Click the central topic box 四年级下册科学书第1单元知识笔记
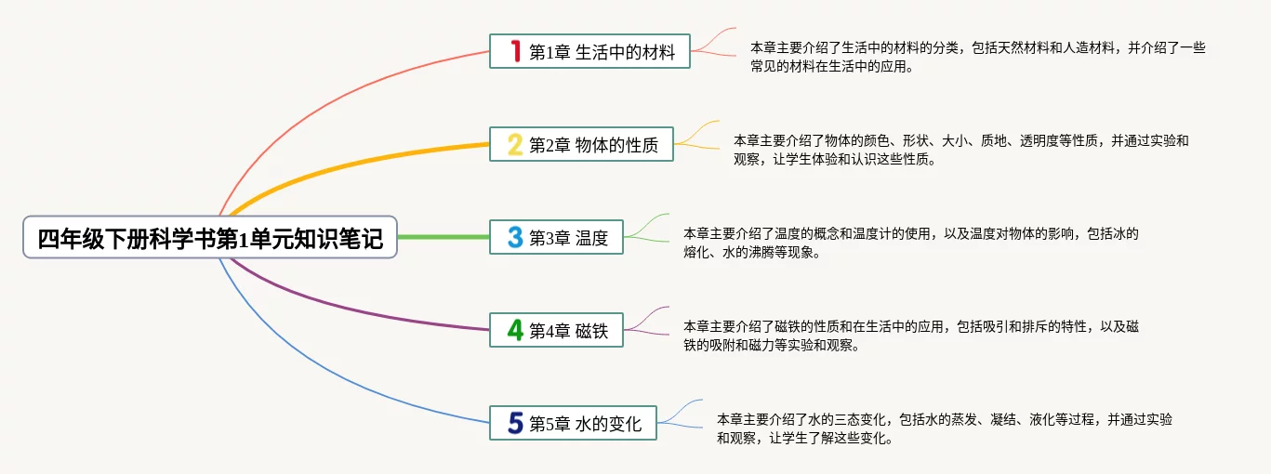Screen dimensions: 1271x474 (210, 237)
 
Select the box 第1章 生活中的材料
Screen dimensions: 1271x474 (589, 51)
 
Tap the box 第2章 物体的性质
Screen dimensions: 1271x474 (582, 144)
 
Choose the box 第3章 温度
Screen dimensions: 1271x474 (556, 237)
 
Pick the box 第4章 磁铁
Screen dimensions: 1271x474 (556, 330)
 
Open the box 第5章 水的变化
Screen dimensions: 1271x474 (573, 423)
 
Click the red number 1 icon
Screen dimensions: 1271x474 (515, 50)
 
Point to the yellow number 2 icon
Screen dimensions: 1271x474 (515, 144)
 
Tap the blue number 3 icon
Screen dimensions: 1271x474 (515, 237)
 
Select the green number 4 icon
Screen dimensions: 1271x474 (515, 330)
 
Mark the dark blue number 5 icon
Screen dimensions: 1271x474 (515, 423)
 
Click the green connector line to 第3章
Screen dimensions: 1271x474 (444, 237)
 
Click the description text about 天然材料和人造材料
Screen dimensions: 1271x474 (977, 57)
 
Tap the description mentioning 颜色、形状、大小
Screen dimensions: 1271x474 (960, 150)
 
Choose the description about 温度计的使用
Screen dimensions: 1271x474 (910, 243)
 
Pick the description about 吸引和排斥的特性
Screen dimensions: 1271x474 (910, 336)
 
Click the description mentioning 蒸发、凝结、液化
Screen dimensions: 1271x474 (944, 428)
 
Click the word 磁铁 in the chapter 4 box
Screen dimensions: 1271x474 (592, 331)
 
